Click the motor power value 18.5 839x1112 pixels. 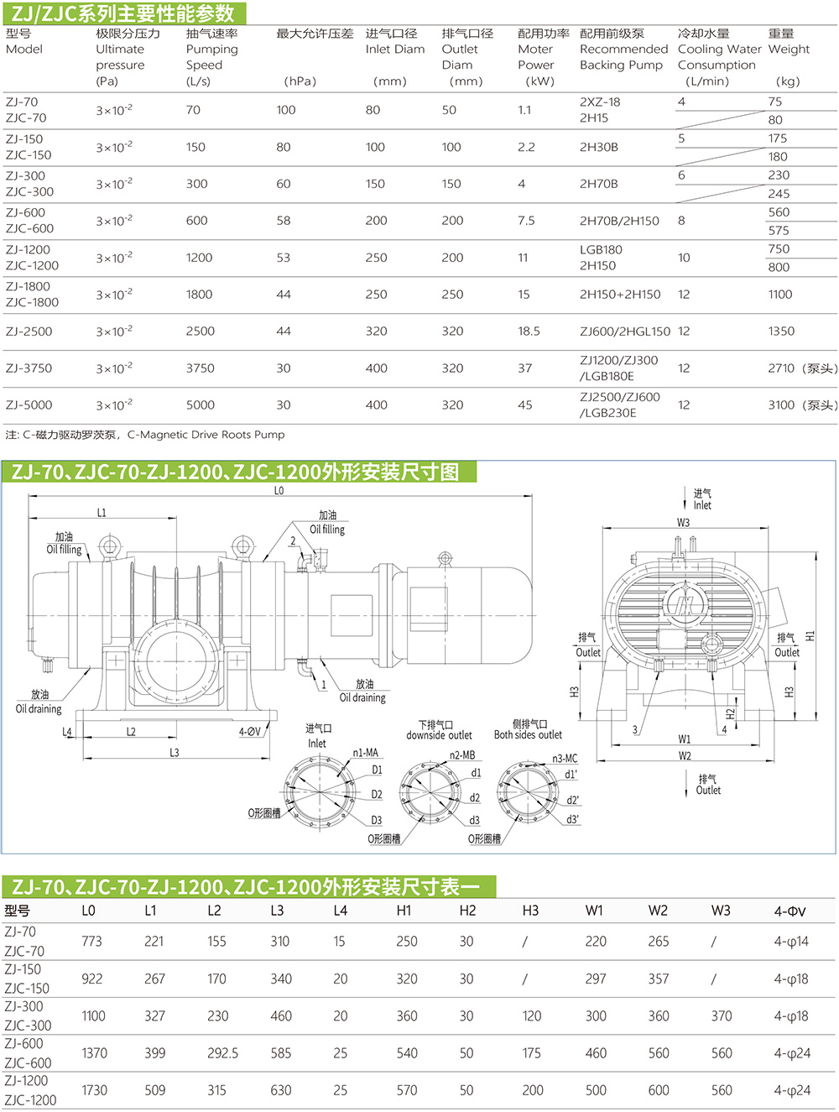click(x=529, y=332)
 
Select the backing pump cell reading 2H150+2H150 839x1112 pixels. click(x=620, y=295)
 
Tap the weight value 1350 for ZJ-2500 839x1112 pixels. click(x=781, y=332)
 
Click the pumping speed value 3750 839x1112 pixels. click(x=200, y=368)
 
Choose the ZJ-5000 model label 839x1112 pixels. click(x=29, y=405)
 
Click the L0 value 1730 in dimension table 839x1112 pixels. click(x=94, y=1090)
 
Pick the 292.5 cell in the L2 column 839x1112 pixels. click(x=222, y=1053)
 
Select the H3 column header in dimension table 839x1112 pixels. click(x=530, y=911)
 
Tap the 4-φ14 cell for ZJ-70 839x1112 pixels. click(x=791, y=942)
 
